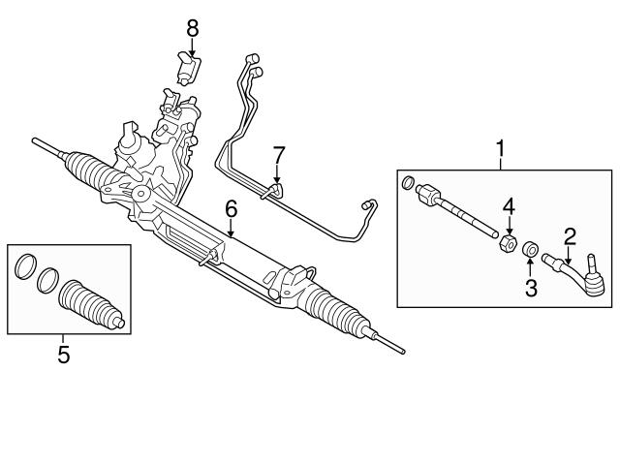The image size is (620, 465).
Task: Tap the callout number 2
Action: pyautogui.click(x=571, y=234)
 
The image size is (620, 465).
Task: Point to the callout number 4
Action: pyautogui.click(x=508, y=206)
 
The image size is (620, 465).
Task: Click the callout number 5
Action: pyautogui.click(x=64, y=355)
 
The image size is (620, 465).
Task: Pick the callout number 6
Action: pyautogui.click(x=232, y=207)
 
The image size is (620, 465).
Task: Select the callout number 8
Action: pyautogui.click(x=193, y=28)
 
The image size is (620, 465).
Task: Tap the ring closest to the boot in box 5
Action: pyautogui.click(x=46, y=282)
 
